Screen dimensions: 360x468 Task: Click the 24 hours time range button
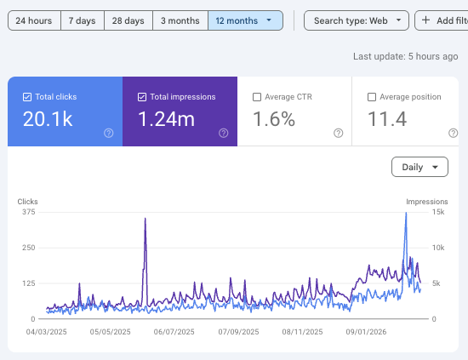(x=34, y=20)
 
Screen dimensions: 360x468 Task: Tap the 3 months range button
(x=180, y=20)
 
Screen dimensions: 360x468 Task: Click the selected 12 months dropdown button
(x=245, y=20)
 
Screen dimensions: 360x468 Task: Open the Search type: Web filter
(x=356, y=20)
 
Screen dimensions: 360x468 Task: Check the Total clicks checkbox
(x=28, y=97)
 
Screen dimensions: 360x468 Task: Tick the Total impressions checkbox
(x=142, y=97)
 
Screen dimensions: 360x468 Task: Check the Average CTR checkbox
(x=257, y=97)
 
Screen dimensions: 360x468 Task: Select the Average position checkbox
(x=372, y=97)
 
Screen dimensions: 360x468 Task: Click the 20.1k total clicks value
(x=49, y=120)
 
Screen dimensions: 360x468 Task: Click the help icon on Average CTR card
(x=339, y=133)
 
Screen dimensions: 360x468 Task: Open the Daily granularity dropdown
(x=419, y=167)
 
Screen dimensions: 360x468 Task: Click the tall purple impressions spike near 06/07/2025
(x=146, y=221)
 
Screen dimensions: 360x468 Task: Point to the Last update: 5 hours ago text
(x=406, y=57)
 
